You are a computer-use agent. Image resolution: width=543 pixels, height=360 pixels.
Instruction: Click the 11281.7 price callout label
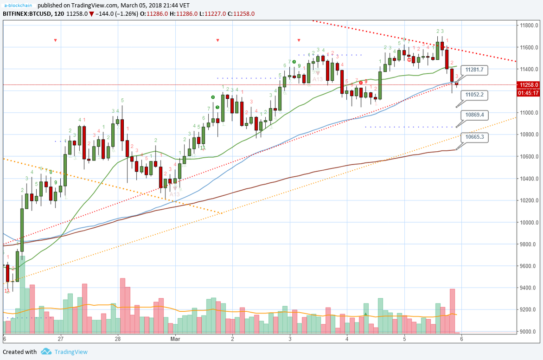[475, 70]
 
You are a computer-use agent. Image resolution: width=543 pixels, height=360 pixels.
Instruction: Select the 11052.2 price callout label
[475, 95]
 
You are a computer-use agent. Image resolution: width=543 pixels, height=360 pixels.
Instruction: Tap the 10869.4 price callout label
[475, 115]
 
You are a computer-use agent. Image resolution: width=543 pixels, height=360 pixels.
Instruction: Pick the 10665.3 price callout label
[475, 137]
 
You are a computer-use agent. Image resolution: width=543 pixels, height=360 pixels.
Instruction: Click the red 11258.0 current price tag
[529, 85]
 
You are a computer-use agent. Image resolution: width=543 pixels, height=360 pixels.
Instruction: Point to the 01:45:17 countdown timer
[529, 93]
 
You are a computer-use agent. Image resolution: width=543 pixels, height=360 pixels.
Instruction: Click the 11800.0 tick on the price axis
[529, 26]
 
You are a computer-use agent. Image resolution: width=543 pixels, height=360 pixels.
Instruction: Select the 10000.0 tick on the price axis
[529, 222]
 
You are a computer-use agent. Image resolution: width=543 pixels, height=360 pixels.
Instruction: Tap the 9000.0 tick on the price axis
[529, 332]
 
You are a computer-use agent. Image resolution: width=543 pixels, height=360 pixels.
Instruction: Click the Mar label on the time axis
[175, 339]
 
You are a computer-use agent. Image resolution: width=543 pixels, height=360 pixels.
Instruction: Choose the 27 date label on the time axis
[61, 339]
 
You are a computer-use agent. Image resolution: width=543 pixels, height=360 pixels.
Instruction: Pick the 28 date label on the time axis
[118, 339]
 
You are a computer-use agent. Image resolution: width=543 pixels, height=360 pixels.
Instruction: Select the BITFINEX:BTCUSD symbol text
[27, 14]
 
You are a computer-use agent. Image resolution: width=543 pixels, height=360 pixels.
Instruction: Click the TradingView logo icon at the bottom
[45, 352]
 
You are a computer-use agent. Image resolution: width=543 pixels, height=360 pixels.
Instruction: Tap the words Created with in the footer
[20, 352]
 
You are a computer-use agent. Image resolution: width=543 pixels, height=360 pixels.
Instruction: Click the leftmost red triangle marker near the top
[55, 40]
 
